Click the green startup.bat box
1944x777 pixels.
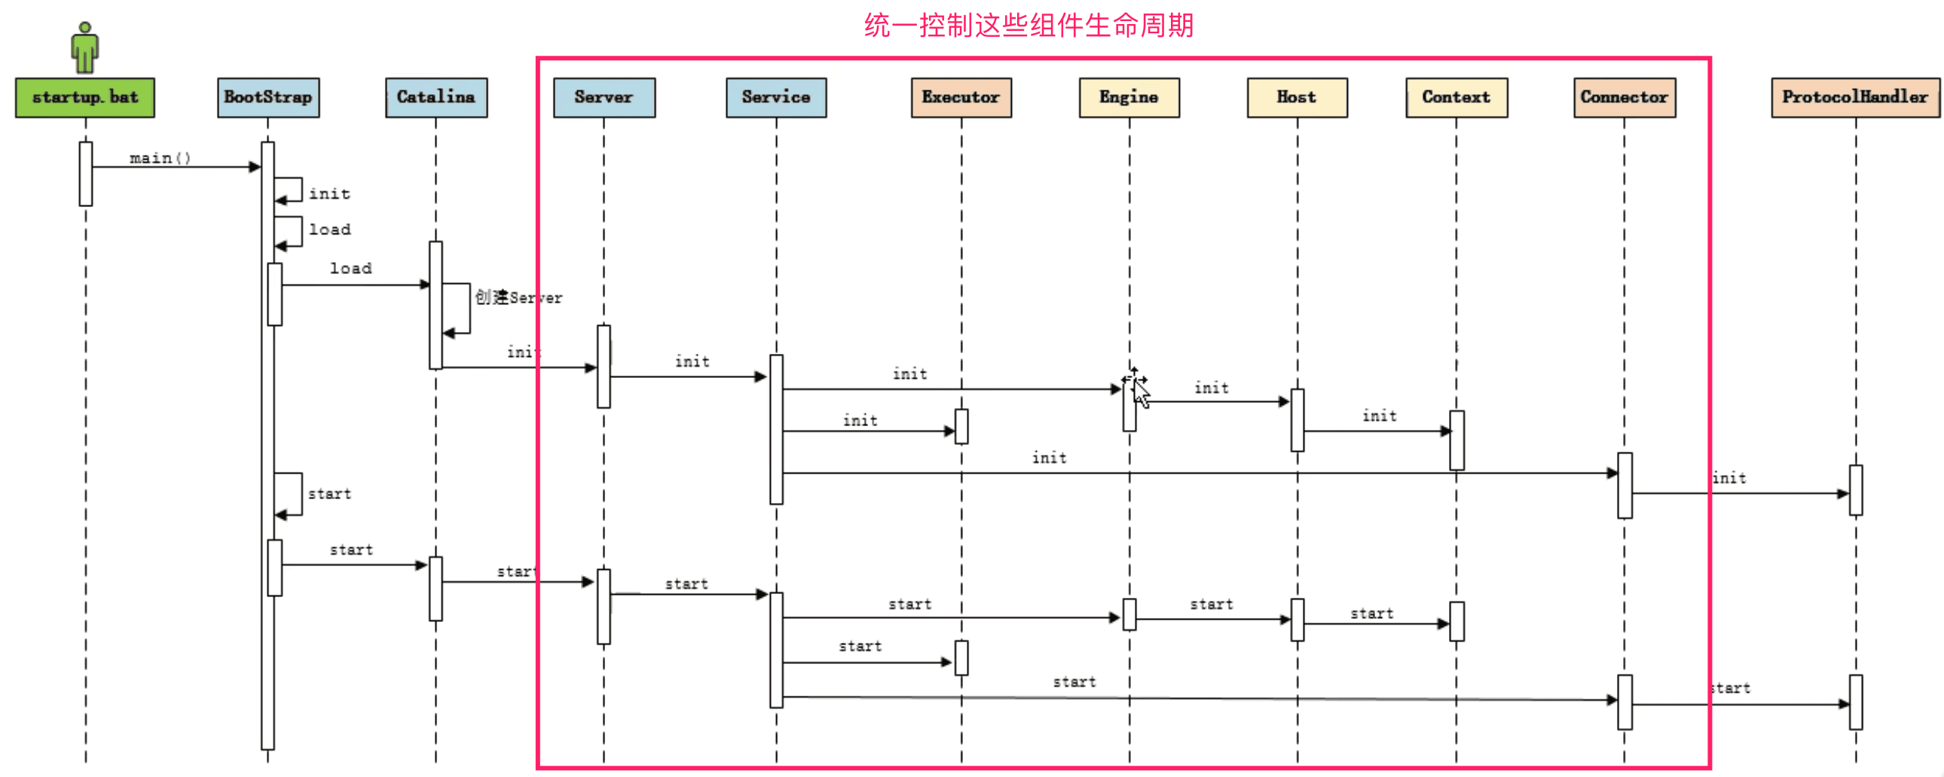85,97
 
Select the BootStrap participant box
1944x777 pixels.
268,97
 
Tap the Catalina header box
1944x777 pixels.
436,97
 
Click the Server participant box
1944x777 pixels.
604,97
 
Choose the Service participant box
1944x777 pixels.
776,97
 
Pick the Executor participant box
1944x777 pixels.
961,97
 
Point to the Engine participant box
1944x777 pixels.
1129,97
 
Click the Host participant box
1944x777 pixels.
1297,97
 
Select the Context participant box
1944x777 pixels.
1456,97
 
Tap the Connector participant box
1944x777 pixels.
1624,97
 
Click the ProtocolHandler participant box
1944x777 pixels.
1855,97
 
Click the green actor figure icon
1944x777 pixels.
84,47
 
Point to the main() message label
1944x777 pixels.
160,157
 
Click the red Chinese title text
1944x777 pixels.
1029,26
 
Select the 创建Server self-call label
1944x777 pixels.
518,297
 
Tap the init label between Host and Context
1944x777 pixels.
1379,416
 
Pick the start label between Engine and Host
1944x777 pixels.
1211,605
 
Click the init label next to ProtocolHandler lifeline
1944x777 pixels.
1729,477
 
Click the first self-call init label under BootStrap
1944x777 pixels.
330,193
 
